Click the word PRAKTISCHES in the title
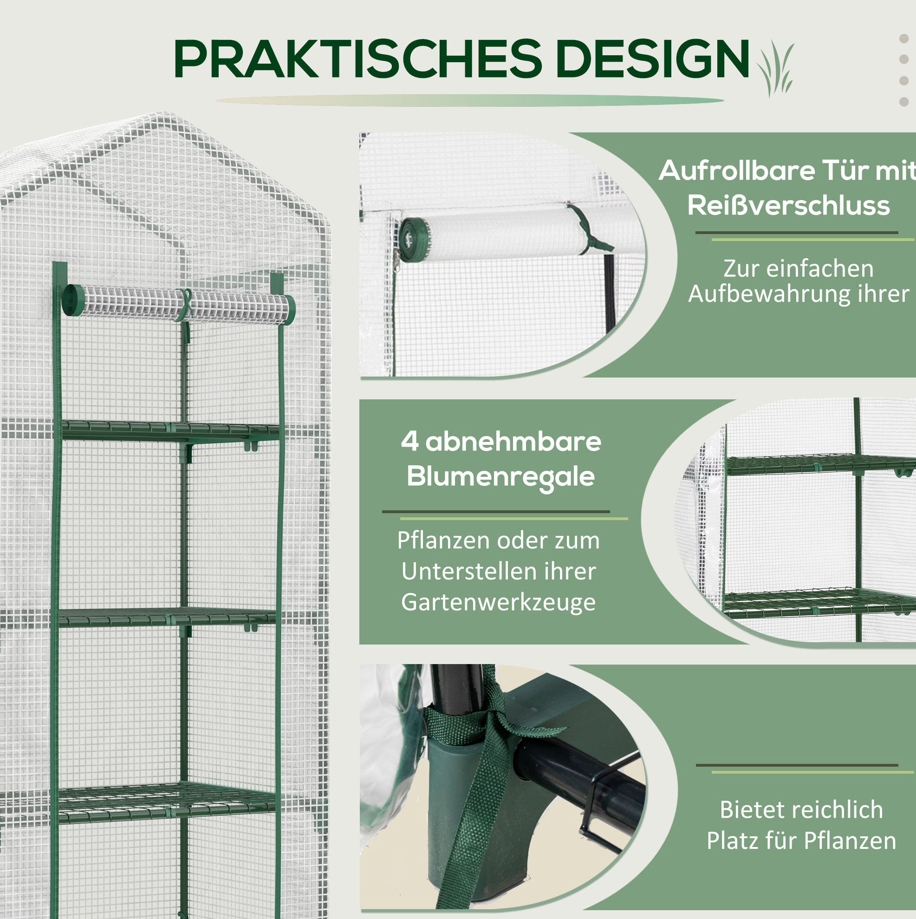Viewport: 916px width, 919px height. pos(358,59)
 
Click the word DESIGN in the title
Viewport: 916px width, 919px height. pos(652,59)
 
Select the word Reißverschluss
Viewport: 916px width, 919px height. pos(788,206)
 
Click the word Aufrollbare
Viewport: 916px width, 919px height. pos(736,170)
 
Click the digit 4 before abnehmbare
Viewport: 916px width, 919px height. pos(409,441)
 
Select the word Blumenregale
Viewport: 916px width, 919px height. pos(500,476)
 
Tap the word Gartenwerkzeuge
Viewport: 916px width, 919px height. pos(498,602)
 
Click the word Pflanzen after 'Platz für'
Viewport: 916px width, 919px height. pos(850,841)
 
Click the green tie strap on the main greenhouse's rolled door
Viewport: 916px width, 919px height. pos(186,309)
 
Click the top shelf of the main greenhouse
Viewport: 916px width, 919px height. pos(170,431)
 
